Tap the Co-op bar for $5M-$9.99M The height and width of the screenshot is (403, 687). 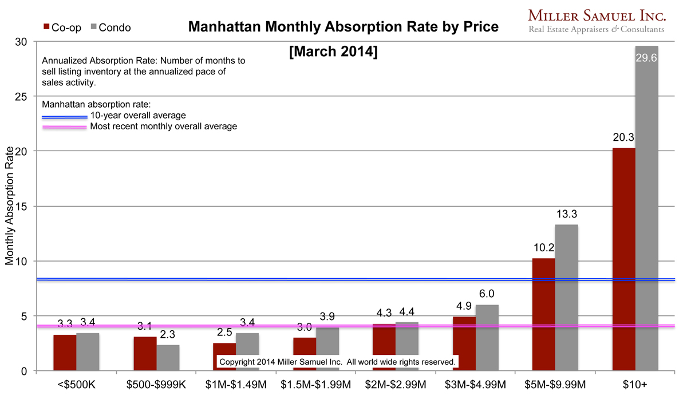click(543, 314)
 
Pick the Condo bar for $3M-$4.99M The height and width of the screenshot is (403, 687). click(487, 338)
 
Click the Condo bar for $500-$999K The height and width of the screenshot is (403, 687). click(168, 358)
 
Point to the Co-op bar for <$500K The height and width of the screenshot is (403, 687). click(65, 353)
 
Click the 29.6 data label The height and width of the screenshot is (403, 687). click(646, 57)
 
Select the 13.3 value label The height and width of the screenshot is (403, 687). click(566, 214)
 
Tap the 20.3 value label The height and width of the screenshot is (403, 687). click(623, 137)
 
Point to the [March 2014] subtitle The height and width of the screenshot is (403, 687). click(333, 52)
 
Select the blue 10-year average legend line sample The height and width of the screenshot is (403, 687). click(65, 116)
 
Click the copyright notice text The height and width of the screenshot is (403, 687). click(337, 362)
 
